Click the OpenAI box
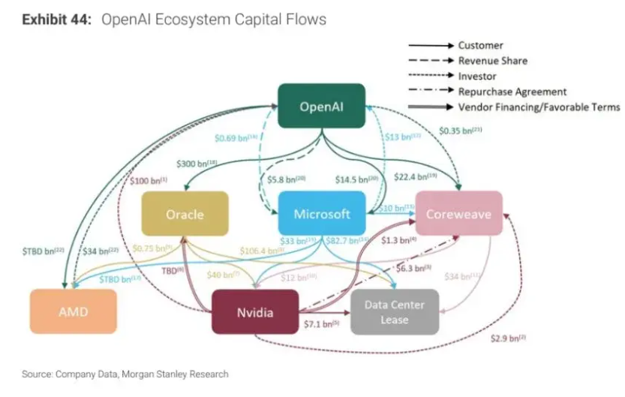tap(321, 106)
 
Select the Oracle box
tap(185, 214)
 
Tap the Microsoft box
tap(322, 213)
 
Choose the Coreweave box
tap(458, 214)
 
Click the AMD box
tap(74, 311)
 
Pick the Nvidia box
tap(255, 311)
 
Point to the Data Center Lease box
tap(394, 311)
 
